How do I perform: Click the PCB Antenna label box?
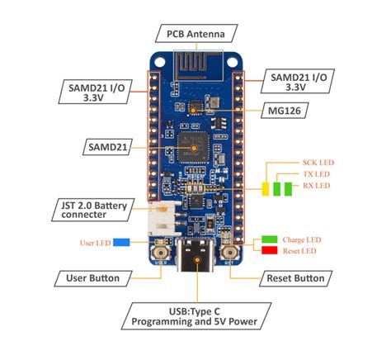tap(195, 34)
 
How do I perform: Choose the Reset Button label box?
tap(294, 277)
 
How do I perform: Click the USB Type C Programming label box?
tap(195, 315)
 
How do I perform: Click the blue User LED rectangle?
tap(120, 243)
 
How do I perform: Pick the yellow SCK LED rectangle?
tap(266, 188)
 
